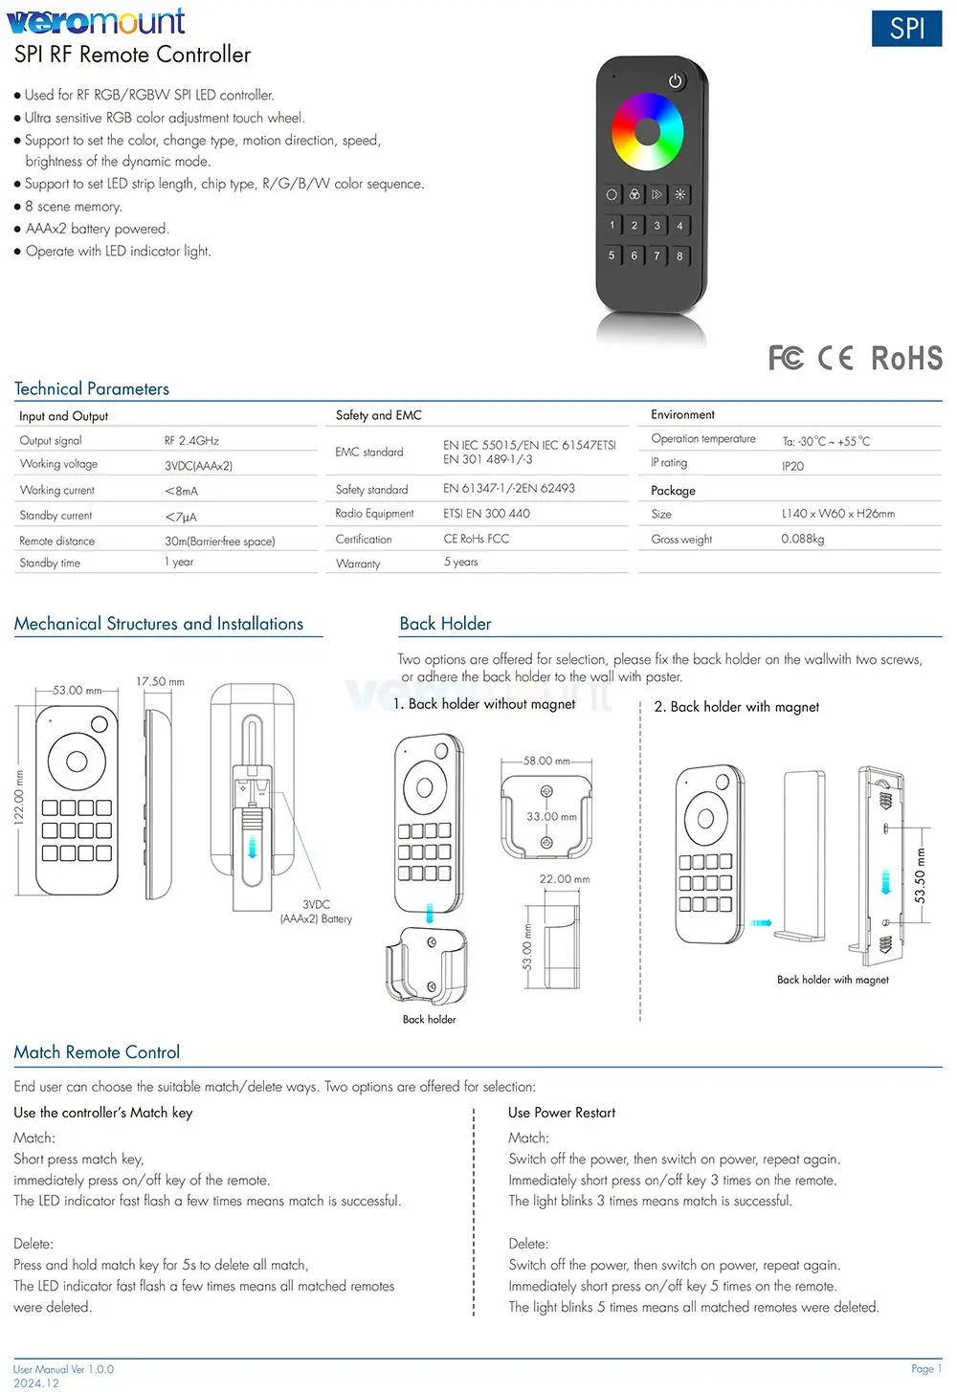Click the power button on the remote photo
[676, 80]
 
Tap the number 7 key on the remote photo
[657, 255]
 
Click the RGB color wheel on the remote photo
[648, 132]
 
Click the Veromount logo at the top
[97, 21]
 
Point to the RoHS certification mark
[906, 359]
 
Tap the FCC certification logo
[786, 358]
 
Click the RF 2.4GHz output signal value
[191, 441]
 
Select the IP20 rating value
[792, 466]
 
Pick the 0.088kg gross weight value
[802, 539]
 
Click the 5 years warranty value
[460, 562]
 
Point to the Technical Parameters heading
[91, 389]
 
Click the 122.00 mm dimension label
[19, 798]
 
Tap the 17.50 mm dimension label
[161, 682]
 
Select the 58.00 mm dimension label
[546, 761]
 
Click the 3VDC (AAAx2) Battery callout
[317, 912]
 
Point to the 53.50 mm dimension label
[920, 875]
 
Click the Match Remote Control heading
[97, 1052]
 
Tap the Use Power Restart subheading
[562, 1113]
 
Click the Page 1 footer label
[926, 1368]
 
